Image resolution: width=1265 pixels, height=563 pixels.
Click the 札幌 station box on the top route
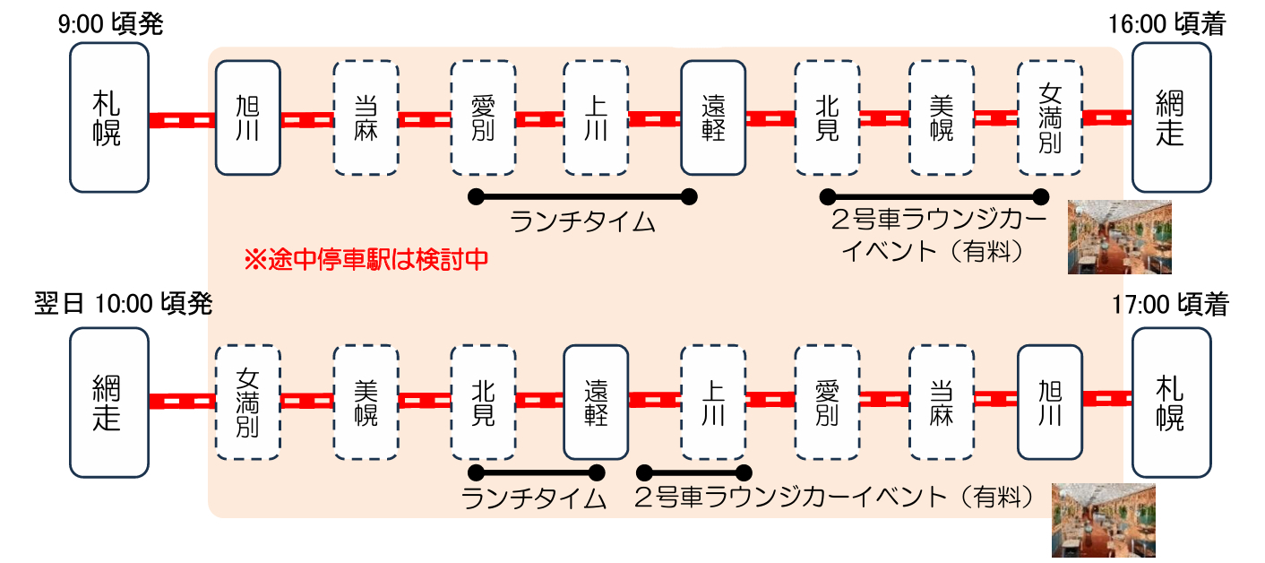(108, 117)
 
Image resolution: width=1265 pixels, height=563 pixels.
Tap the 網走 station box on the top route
(1171, 117)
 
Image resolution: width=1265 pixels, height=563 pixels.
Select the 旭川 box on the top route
(248, 117)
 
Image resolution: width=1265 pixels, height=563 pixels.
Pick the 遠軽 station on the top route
(713, 117)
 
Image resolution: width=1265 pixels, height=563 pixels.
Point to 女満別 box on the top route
(1050, 117)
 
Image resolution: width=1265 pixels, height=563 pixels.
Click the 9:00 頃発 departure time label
(110, 24)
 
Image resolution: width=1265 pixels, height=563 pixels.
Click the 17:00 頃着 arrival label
(1171, 305)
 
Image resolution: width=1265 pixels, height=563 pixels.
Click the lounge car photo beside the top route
(1119, 237)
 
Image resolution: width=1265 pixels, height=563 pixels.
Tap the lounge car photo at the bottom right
(1103, 521)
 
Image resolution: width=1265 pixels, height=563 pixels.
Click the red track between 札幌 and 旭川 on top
(182, 119)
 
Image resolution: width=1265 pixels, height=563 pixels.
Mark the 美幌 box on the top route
(942, 117)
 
